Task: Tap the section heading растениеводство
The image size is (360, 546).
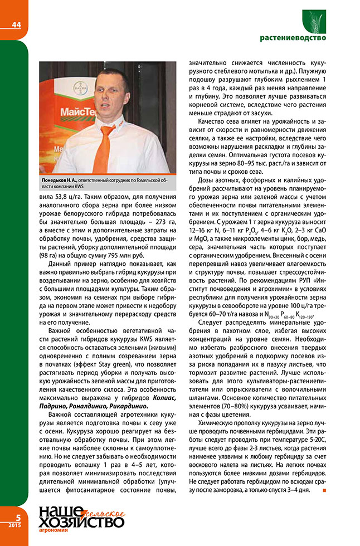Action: pos(293,38)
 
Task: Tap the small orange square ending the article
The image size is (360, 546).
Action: pos(324,490)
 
